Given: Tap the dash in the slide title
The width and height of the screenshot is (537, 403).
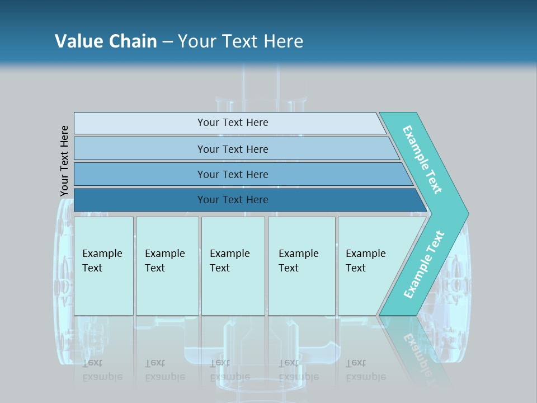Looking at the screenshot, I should click(x=167, y=42).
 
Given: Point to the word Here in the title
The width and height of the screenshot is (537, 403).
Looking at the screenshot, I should click(x=283, y=41).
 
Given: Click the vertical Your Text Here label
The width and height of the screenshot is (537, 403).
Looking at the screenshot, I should click(x=64, y=161).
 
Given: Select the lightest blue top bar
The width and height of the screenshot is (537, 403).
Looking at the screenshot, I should click(x=229, y=123).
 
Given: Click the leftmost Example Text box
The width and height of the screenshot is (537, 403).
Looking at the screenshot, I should click(x=103, y=266).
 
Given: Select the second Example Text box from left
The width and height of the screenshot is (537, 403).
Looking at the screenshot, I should click(x=167, y=266).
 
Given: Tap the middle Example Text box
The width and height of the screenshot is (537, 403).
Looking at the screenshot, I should click(x=232, y=266).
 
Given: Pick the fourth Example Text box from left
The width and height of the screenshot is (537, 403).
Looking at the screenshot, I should click(x=301, y=266).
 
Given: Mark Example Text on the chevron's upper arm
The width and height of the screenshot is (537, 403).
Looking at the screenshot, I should click(x=423, y=160).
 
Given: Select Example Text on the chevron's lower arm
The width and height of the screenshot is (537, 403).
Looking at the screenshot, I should click(x=424, y=264).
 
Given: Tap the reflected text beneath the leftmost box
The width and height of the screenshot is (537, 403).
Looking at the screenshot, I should click(x=102, y=370).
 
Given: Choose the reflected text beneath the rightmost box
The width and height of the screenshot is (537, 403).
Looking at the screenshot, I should click(x=366, y=370).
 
